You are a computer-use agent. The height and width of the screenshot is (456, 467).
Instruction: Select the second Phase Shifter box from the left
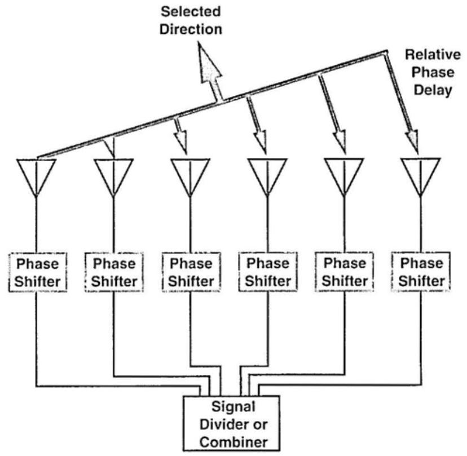point(114,272)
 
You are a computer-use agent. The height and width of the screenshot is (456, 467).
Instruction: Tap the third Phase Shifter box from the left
point(191,272)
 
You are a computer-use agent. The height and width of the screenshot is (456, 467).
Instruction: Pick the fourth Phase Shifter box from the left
point(268,272)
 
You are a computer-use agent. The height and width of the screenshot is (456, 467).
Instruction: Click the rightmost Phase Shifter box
point(421,272)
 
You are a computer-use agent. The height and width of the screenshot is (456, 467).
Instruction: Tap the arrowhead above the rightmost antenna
point(413,141)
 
